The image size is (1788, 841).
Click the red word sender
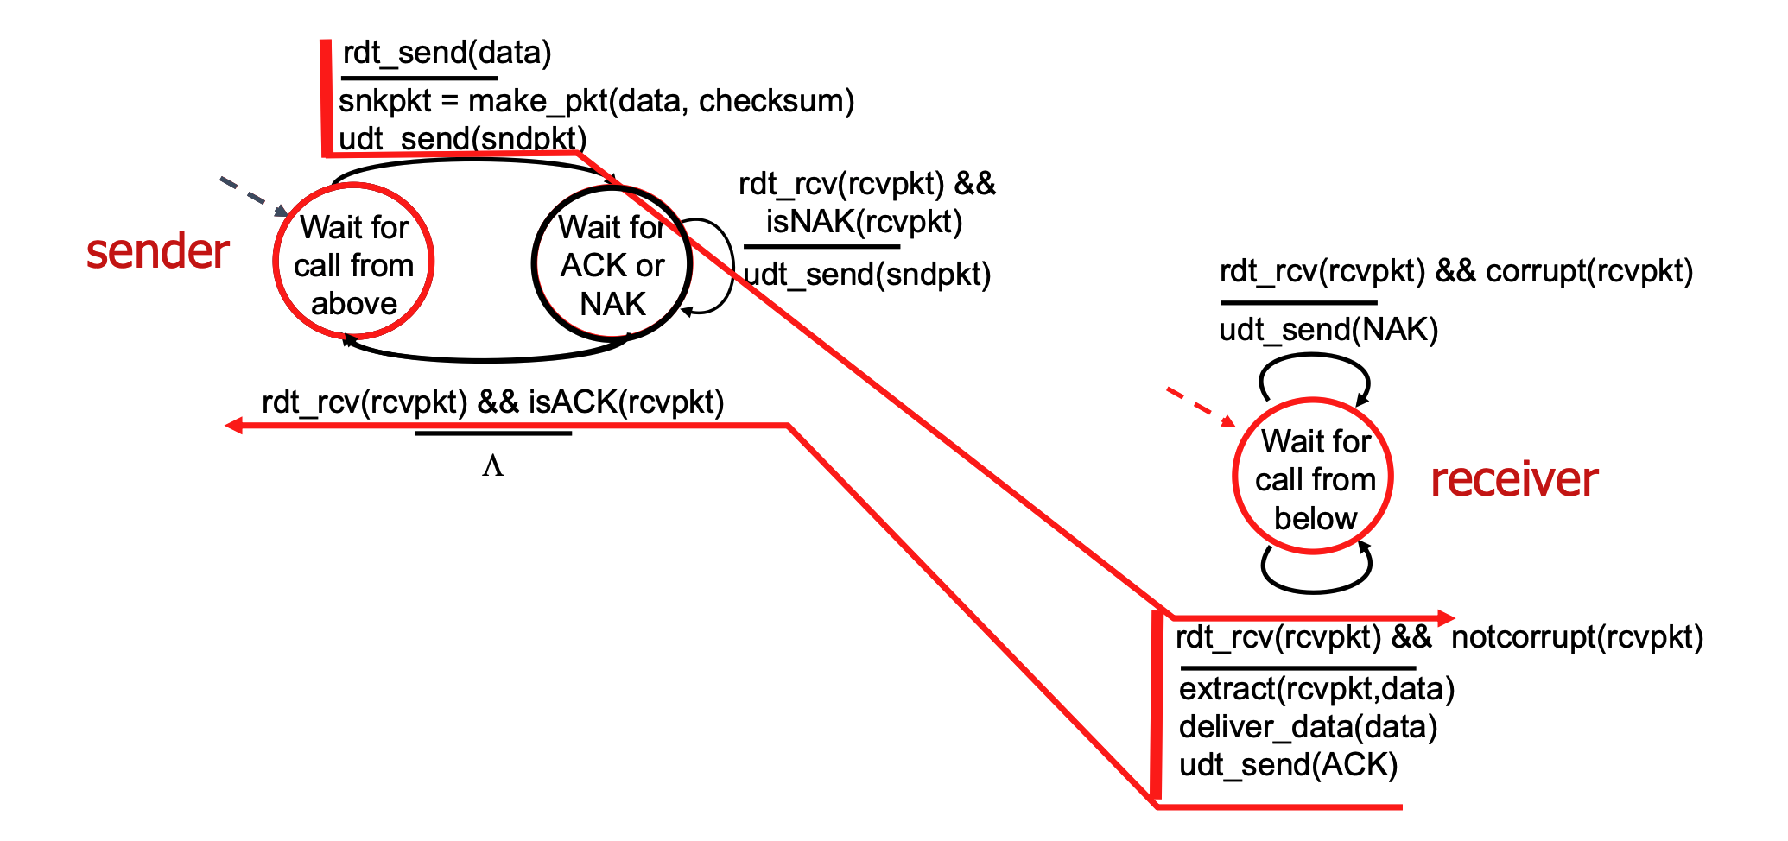point(157,251)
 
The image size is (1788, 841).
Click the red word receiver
point(1513,479)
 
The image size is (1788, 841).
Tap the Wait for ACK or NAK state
point(612,264)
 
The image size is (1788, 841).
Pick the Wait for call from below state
point(1313,478)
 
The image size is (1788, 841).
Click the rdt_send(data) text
point(447,54)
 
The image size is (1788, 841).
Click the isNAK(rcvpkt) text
point(864,222)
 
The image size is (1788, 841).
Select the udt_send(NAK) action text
point(1328,329)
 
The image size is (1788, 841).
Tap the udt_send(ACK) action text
point(1288,764)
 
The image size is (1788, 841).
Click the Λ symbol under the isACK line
point(492,467)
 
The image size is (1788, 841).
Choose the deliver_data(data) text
point(1308,726)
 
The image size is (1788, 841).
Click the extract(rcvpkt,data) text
point(1316,688)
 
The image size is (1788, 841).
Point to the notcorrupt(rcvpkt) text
point(1576,637)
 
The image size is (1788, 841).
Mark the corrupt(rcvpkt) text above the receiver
point(1588,271)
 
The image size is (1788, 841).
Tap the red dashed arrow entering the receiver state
point(1200,407)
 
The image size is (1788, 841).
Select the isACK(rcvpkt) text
point(626,402)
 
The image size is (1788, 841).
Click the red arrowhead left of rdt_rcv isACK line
point(233,425)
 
